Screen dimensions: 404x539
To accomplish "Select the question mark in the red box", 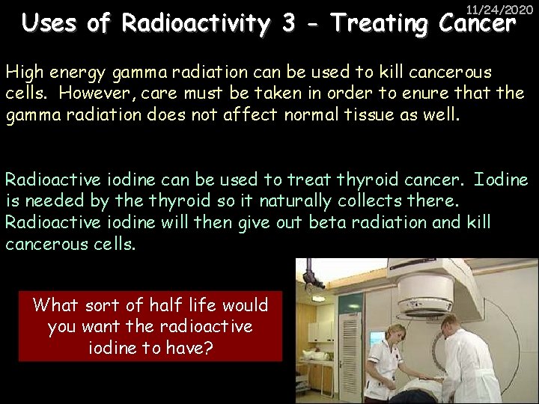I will (210, 349).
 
